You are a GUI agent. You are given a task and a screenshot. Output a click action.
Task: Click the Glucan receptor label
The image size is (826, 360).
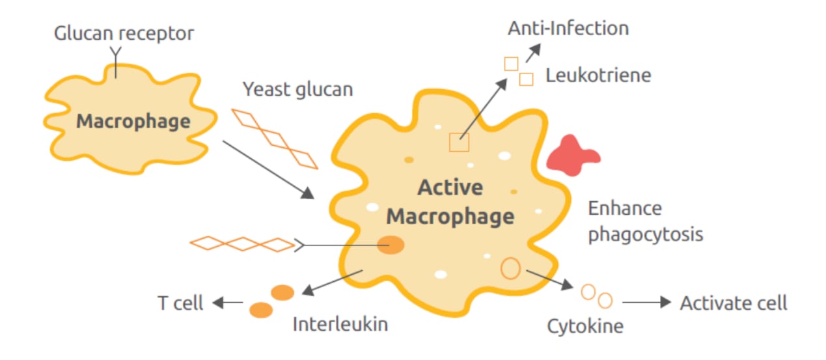[x=124, y=34]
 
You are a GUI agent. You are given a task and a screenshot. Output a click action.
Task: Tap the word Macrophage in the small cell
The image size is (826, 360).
[x=133, y=122]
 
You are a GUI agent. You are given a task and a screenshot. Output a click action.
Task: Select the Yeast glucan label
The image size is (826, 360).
[x=297, y=89]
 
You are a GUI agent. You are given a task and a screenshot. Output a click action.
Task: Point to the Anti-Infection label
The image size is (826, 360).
[x=568, y=29]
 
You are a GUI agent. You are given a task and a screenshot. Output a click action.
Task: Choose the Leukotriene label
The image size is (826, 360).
[x=598, y=76]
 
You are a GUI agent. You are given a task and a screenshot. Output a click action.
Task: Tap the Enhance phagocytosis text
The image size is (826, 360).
[x=645, y=221]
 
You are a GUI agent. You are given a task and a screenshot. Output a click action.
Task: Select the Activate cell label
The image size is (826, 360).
[x=734, y=303]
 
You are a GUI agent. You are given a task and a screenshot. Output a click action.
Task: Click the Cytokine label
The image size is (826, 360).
[x=585, y=325]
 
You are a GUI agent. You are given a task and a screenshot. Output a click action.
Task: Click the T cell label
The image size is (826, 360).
[x=180, y=303]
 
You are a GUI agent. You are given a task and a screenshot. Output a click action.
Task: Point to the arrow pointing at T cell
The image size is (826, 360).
[x=228, y=302]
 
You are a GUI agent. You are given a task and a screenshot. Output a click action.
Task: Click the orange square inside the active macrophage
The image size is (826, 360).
[x=459, y=141]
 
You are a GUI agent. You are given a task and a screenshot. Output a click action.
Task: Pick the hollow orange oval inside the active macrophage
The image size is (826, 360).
[x=510, y=268]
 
